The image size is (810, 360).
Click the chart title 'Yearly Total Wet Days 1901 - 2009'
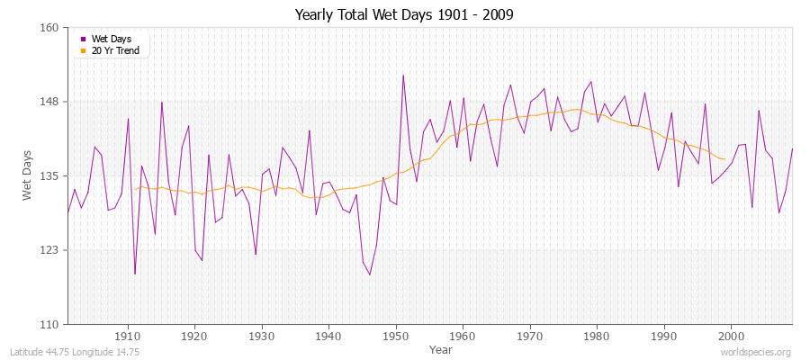click(x=404, y=15)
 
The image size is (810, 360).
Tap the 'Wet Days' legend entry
click(x=111, y=39)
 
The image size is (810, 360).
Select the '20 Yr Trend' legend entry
click(x=114, y=50)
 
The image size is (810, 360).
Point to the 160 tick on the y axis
click(x=50, y=28)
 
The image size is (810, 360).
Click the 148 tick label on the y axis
click(x=50, y=102)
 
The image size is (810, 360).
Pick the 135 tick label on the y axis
click(x=50, y=175)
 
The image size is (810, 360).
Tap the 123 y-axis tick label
click(x=50, y=249)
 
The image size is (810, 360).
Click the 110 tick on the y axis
click(x=50, y=324)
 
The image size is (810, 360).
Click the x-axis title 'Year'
click(x=441, y=348)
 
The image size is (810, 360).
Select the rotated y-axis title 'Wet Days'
click(x=27, y=175)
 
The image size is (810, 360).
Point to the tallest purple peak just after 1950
click(x=403, y=75)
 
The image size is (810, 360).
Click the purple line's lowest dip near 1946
click(x=370, y=274)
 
